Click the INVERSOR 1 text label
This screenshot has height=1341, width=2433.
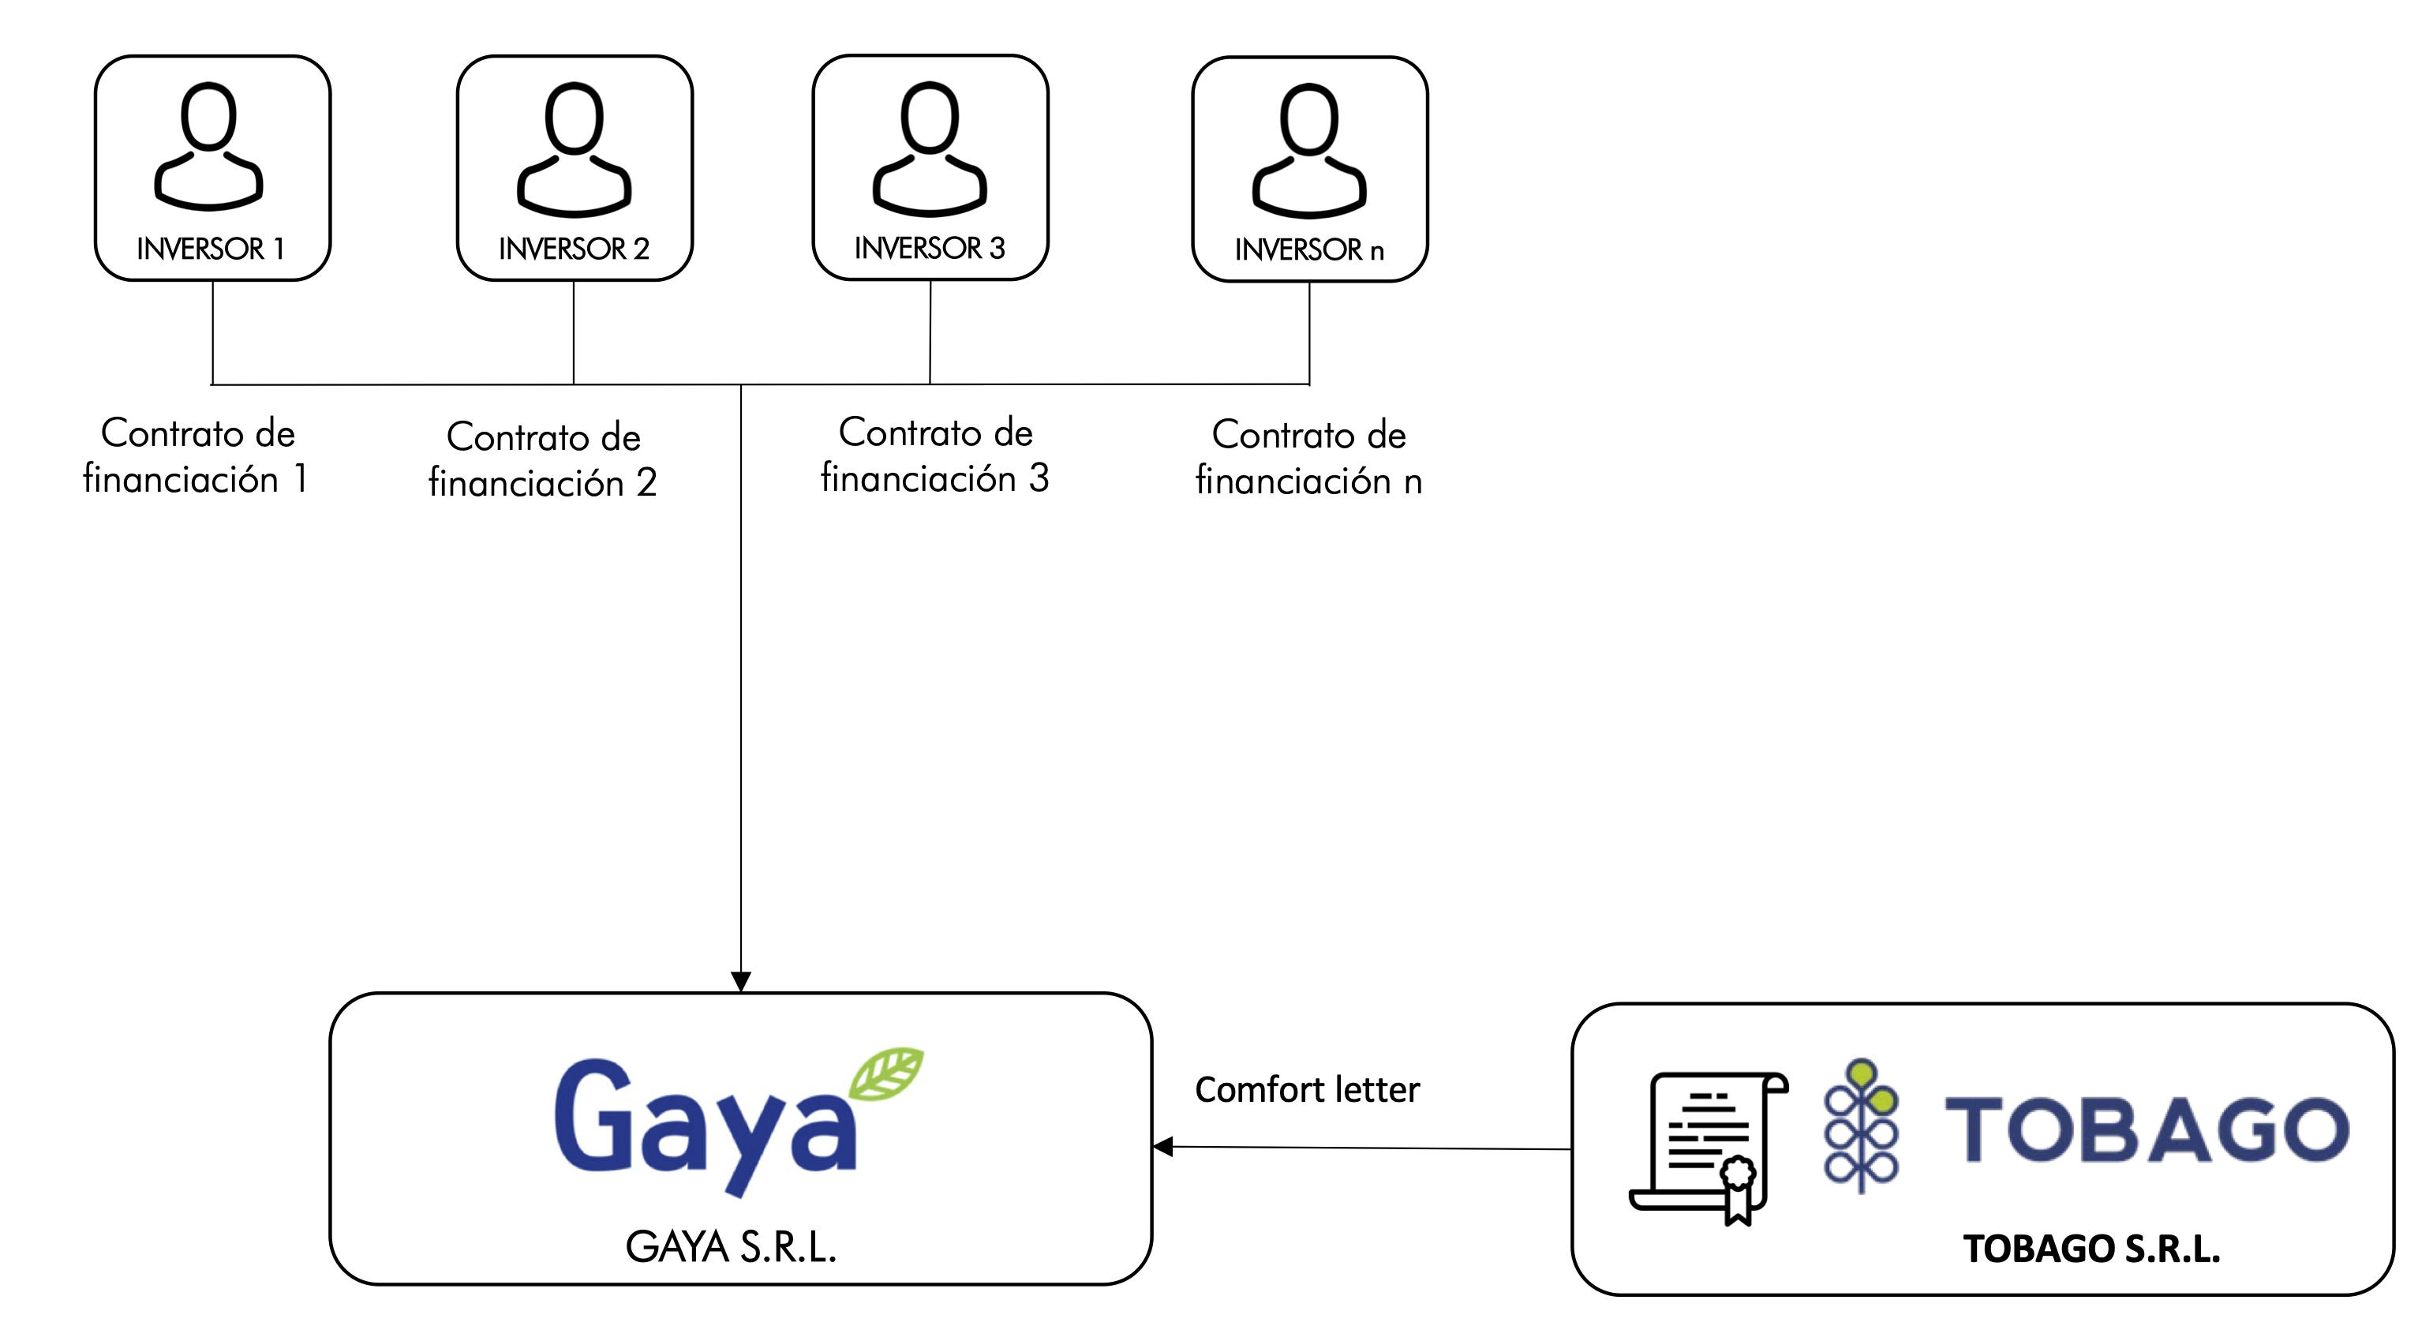pyautogui.click(x=211, y=249)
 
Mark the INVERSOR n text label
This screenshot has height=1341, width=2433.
pyautogui.click(x=1309, y=249)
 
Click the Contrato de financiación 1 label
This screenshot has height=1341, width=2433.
pyautogui.click(x=197, y=455)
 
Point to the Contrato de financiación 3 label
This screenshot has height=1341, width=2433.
pyautogui.click(x=935, y=455)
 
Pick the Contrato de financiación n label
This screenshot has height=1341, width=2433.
pyautogui.click(x=1309, y=457)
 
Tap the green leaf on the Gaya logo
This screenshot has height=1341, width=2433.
pyautogui.click(x=886, y=1073)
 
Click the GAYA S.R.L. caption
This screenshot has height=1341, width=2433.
pyautogui.click(x=731, y=1246)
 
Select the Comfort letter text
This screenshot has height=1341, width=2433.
pyautogui.click(x=1307, y=1090)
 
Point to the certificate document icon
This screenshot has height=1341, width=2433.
pyautogui.click(x=1709, y=1145)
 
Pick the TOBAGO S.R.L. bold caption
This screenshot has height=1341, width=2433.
pyautogui.click(x=2091, y=1249)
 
